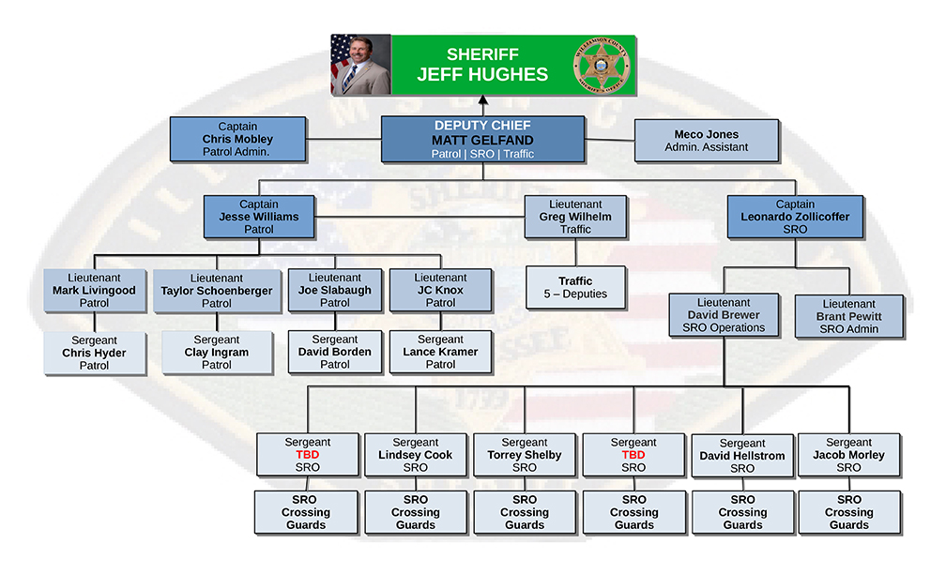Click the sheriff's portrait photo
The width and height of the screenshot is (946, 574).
pos(361,65)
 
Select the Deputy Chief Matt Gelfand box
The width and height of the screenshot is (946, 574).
pos(482,139)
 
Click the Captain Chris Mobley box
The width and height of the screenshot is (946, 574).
pos(237,139)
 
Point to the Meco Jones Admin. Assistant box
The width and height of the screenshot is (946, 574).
pos(706,141)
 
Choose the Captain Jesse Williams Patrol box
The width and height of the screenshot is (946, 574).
pos(258,217)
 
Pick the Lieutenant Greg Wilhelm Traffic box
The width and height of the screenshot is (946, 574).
pos(575,217)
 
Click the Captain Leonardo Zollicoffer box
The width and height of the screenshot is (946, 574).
pos(795,217)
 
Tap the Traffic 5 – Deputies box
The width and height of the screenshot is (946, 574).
pos(575,287)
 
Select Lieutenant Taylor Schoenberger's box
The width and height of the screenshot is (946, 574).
pos(217,291)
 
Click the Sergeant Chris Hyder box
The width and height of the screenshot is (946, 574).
pos(94,353)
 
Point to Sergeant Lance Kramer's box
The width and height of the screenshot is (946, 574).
pos(440,352)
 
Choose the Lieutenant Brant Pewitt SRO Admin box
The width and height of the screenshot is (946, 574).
pos(848,316)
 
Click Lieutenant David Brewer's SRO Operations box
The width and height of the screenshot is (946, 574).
pos(724,315)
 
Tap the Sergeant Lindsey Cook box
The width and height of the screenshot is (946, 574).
pos(416,455)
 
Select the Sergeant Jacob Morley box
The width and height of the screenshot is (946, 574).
pos(848,455)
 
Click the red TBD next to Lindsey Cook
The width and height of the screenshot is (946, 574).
pos(308,455)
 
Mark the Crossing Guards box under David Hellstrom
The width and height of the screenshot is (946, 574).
pos(742,512)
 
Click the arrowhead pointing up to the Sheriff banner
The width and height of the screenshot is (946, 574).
pos(483,99)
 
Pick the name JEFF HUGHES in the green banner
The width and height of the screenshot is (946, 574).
pos(482,74)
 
